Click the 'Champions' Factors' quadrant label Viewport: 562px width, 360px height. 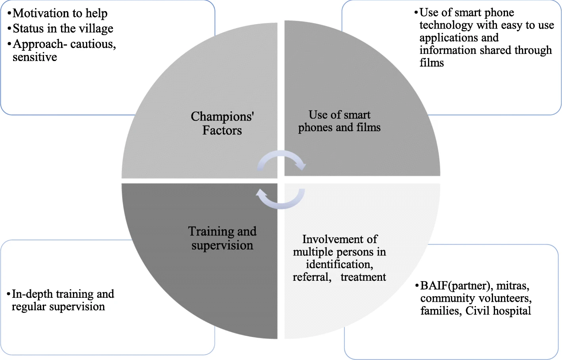click(x=222, y=123)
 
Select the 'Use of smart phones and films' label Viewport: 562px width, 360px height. click(x=339, y=121)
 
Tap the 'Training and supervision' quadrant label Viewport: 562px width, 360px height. click(x=222, y=238)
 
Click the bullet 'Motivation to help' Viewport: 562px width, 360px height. click(x=60, y=13)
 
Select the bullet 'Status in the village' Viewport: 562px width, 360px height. click(x=63, y=29)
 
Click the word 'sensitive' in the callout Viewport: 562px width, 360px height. click(x=35, y=57)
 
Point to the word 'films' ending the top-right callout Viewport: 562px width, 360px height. click(x=432, y=63)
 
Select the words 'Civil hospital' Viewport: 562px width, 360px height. click(x=498, y=311)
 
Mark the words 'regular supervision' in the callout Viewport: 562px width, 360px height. click(x=58, y=307)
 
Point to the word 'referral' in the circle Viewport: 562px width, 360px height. click(x=312, y=277)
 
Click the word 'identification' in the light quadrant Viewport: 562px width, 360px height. click(x=339, y=265)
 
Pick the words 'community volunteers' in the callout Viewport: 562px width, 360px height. click(x=476, y=298)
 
